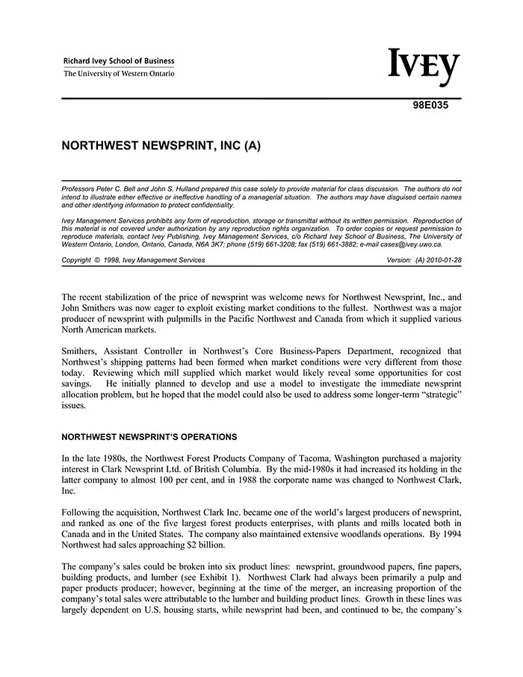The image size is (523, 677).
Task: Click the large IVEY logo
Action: tap(424, 69)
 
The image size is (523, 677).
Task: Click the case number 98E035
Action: tap(430, 105)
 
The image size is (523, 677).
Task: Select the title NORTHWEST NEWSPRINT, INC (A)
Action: tap(161, 146)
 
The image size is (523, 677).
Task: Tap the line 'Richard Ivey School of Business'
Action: tap(119, 61)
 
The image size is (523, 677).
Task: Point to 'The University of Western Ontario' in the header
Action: tap(119, 74)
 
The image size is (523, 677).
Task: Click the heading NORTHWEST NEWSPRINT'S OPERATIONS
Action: tap(149, 436)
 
